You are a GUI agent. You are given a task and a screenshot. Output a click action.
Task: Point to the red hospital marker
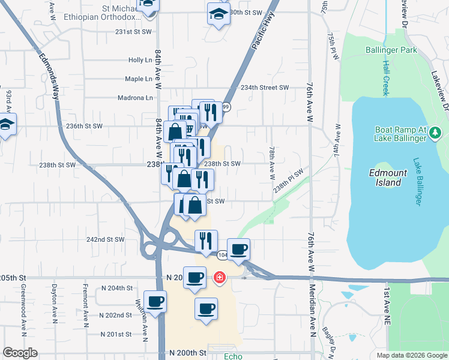(220, 277)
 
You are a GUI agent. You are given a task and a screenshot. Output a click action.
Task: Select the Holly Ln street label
(140, 60)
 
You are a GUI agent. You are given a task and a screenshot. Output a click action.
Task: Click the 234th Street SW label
(265, 88)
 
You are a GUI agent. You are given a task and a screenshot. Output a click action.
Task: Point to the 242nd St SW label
(105, 239)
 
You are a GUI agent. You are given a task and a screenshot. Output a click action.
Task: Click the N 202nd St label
(113, 315)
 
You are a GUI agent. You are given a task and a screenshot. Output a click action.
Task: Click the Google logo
(20, 353)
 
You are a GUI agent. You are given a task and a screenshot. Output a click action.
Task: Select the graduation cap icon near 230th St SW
(218, 13)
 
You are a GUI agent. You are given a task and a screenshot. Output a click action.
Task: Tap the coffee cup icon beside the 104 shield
(238, 249)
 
